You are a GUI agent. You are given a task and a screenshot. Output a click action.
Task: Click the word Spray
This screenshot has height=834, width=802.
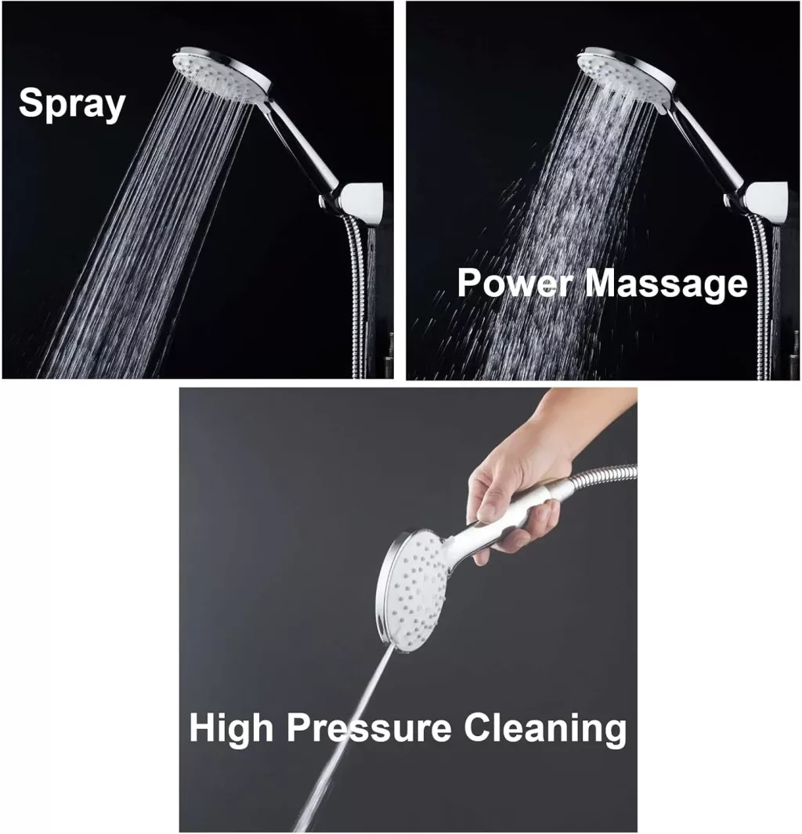[72, 104]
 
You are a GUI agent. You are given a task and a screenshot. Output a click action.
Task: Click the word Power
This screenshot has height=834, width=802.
[515, 283]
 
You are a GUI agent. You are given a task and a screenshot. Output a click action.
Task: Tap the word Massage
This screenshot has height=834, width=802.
[667, 284]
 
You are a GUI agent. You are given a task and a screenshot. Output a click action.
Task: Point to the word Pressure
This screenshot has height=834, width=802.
[369, 727]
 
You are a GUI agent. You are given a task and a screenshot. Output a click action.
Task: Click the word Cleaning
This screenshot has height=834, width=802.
[545, 727]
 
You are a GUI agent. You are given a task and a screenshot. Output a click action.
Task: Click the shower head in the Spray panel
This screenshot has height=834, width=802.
[222, 74]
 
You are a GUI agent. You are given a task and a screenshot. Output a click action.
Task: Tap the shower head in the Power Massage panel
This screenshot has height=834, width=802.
[626, 74]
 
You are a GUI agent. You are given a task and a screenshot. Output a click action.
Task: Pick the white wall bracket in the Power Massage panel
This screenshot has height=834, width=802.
[768, 204]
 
